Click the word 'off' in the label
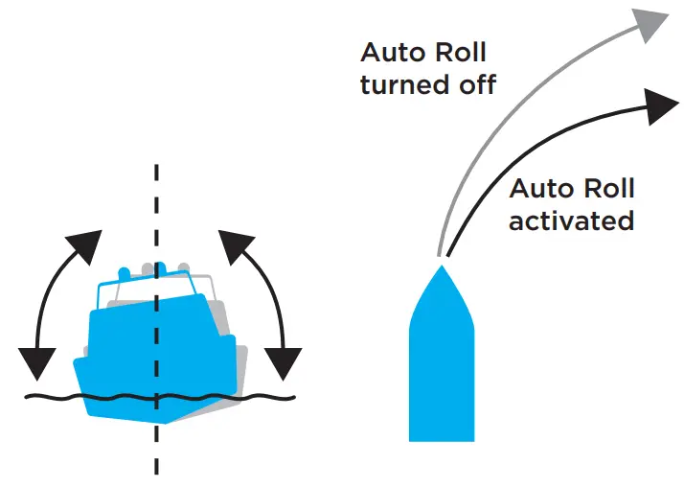coord(473,84)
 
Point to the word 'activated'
coord(571,220)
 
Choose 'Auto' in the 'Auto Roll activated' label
coord(540,188)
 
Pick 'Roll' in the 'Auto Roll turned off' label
coord(458,52)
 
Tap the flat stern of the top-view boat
coord(442,436)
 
